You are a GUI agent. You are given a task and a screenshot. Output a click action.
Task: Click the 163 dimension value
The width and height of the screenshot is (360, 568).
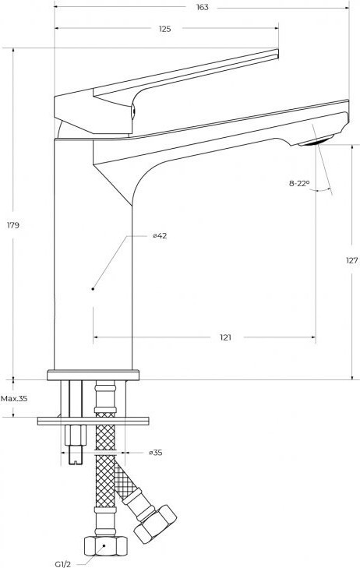[x=203, y=7]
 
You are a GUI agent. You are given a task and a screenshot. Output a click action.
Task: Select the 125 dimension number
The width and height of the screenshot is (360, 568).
[x=164, y=29]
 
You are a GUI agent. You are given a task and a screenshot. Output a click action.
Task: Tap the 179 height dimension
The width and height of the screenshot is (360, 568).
[x=13, y=225]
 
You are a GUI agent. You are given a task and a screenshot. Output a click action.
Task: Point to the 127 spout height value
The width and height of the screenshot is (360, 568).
[x=351, y=260]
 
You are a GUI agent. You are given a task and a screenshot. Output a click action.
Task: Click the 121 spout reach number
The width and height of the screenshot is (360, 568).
[x=225, y=337]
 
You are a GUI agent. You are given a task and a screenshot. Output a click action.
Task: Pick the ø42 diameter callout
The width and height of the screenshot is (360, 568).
[x=160, y=236]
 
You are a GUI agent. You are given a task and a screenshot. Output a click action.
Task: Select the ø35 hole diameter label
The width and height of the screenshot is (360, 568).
[x=155, y=453]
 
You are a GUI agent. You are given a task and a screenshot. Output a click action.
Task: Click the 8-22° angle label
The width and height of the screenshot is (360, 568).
[x=299, y=183]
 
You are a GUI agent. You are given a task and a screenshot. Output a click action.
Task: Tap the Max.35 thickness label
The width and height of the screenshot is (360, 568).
[x=14, y=399]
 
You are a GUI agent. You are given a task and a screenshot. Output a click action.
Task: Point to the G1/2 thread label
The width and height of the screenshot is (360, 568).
[x=62, y=563]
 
